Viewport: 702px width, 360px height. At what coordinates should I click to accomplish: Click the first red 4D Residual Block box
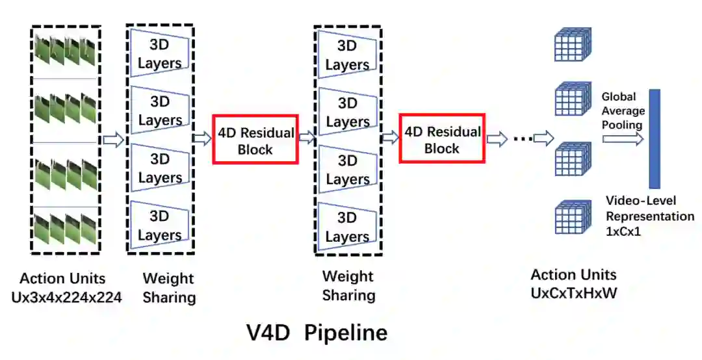255,139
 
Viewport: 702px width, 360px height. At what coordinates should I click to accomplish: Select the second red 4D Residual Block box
442,139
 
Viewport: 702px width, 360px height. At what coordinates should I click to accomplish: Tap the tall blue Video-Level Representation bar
654,138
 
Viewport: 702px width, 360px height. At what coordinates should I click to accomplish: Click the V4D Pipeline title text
317,333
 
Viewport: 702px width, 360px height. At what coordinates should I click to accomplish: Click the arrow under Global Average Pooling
623,138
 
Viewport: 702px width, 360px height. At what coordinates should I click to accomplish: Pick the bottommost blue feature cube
572,217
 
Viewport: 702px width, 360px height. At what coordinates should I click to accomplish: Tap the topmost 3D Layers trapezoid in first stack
159,54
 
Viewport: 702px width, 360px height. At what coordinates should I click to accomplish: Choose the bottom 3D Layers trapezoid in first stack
159,225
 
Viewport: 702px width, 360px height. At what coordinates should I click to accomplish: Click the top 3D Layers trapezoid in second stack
347,55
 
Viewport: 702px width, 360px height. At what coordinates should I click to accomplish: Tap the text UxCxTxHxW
573,293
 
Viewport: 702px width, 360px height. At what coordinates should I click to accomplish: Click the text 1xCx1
623,230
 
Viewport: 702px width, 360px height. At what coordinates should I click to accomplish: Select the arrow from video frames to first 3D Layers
113,140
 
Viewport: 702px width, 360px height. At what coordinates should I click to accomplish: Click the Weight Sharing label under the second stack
349,285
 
